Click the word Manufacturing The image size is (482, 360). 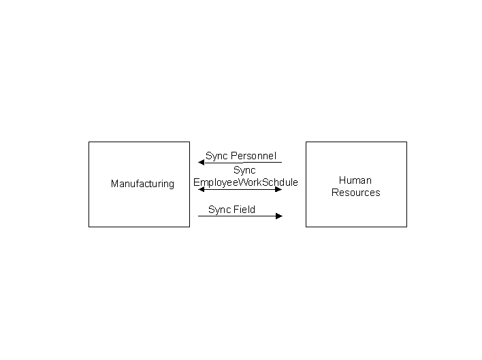[142, 184]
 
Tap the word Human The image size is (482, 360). [355, 180]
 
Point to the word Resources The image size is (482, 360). [355, 193]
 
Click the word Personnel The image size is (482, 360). [253, 156]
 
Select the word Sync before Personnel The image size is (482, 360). [216, 156]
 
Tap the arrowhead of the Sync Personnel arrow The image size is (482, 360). [202, 163]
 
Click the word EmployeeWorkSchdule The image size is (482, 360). [246, 182]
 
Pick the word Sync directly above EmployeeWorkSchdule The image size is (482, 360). [244, 170]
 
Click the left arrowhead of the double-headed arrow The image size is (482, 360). [202, 189]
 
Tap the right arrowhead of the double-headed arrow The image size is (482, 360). [278, 189]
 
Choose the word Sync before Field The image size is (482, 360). [219, 210]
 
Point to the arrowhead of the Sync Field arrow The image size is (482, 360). [278, 216]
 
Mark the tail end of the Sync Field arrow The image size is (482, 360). [199, 216]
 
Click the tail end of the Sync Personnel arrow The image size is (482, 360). [281, 162]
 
